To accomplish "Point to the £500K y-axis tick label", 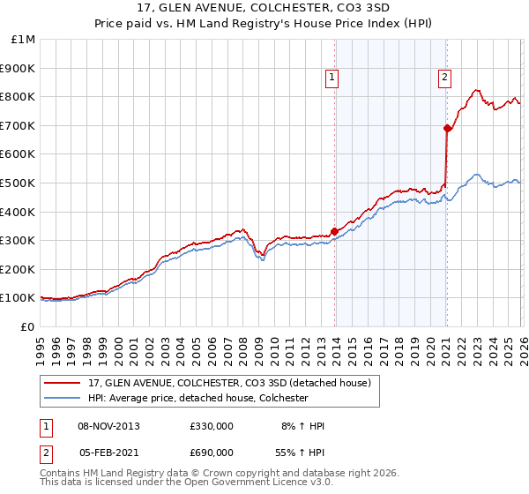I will click(19, 183).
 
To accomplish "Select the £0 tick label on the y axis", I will click(28, 326).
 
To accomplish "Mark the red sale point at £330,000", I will click(334, 232).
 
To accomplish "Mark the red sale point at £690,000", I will click(447, 129).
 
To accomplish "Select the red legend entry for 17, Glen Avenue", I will click(233, 383).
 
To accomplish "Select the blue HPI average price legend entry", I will click(197, 399).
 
